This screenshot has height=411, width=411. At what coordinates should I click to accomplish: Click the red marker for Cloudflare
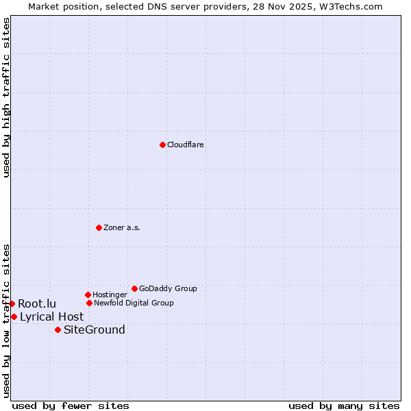[x=162, y=145]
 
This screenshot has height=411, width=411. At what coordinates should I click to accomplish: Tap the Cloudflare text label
[x=186, y=145]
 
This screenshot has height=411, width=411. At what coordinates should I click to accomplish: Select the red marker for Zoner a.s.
[x=99, y=227]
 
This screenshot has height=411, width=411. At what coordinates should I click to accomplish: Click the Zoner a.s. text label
[x=122, y=227]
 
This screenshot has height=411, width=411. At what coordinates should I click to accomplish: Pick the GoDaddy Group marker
[x=134, y=288]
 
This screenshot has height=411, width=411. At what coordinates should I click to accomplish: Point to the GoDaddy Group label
[x=168, y=288]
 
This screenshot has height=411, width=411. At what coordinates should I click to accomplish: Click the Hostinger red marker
[x=88, y=295]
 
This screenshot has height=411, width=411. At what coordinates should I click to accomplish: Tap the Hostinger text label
[x=110, y=295]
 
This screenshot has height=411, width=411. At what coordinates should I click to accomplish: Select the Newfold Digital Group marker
[x=89, y=303]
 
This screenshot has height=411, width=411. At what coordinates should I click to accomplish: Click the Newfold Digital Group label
[x=134, y=303]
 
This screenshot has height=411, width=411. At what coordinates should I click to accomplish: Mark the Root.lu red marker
[x=12, y=303]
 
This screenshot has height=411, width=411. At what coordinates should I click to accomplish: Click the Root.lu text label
[x=37, y=303]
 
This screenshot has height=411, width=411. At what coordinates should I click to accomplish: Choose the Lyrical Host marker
[x=14, y=316]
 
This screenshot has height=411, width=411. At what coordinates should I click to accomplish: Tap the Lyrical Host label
[x=51, y=316]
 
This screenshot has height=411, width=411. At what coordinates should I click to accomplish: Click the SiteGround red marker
[x=58, y=329]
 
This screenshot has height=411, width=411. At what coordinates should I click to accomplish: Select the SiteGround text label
[x=94, y=329]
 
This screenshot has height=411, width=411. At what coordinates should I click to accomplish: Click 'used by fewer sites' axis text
[x=71, y=406]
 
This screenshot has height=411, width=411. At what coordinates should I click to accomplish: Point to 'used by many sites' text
[x=344, y=406]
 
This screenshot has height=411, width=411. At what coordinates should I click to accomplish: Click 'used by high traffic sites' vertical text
[x=6, y=97]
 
